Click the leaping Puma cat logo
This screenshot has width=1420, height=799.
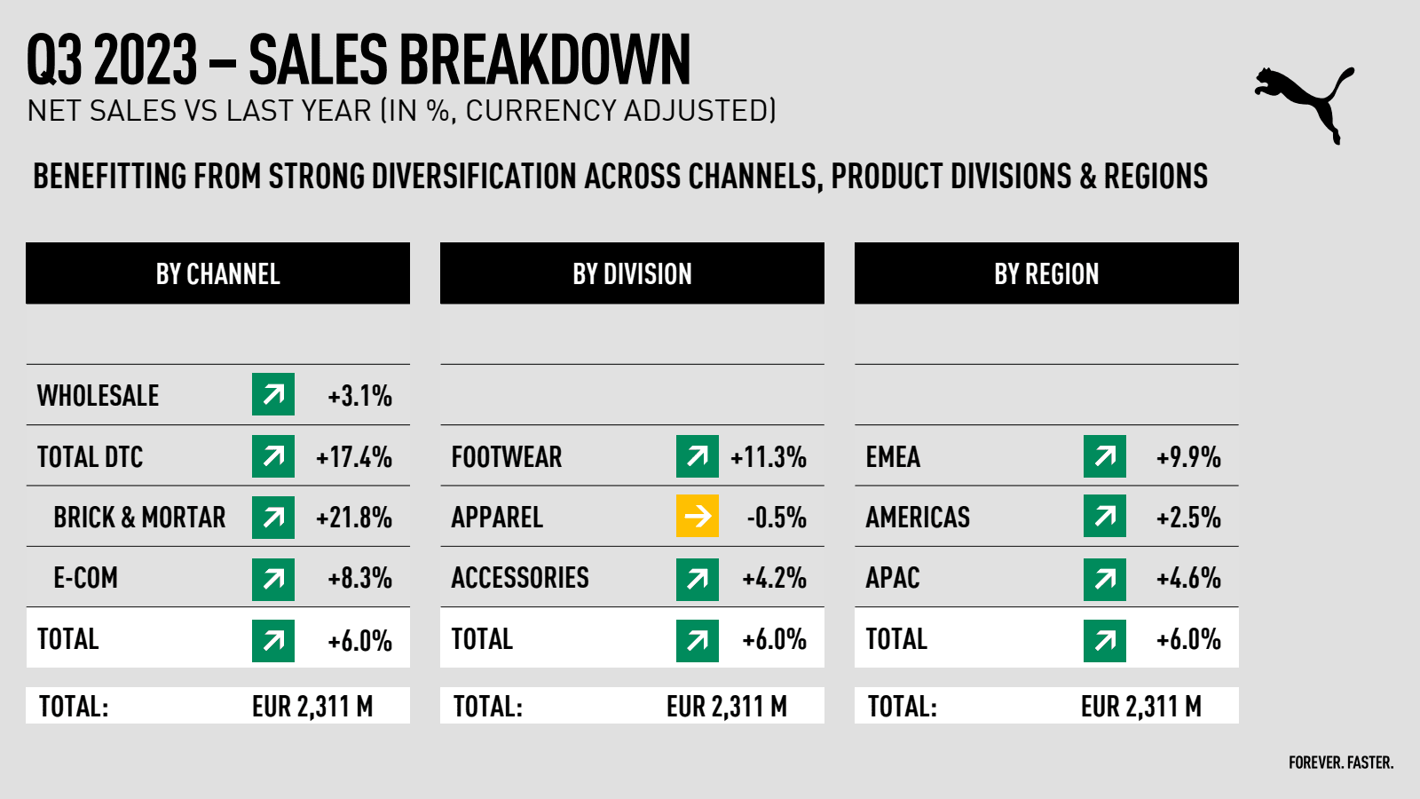[1305, 102]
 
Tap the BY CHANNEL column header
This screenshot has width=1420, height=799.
[217, 273]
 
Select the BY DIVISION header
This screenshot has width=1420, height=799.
[632, 273]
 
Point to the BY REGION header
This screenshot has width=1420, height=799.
[1046, 273]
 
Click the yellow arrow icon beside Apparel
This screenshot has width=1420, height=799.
[698, 516]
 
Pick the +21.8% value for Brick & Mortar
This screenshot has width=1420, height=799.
[354, 518]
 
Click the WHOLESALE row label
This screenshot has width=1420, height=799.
[98, 396]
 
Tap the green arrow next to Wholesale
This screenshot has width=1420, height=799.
[273, 394]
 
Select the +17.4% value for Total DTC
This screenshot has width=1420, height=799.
[354, 457]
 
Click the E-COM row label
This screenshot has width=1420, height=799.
[85, 578]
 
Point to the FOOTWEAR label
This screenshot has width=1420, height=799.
[507, 457]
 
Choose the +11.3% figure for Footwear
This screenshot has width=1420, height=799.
[769, 457]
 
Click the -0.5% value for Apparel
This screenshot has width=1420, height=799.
[777, 518]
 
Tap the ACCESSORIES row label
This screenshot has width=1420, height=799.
[520, 578]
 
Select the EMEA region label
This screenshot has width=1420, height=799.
[893, 457]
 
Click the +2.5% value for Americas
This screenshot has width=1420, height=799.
[1188, 518]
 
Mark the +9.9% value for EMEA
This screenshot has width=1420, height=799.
[1188, 457]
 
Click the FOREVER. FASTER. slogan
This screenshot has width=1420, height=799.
[1341, 763]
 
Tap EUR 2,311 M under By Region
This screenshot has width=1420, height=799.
[1141, 707]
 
